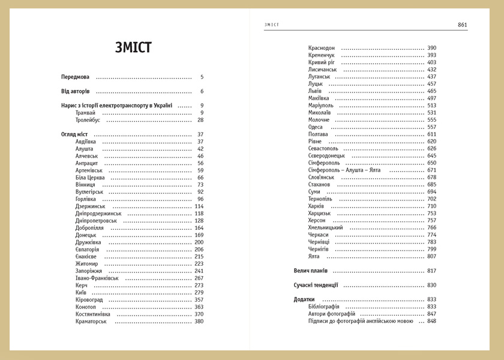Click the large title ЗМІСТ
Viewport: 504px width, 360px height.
[133, 48]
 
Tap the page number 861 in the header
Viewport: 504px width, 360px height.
[462, 25]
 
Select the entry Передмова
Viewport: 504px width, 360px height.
[75, 77]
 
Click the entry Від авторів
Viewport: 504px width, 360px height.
[75, 91]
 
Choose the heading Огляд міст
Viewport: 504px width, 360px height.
[74, 134]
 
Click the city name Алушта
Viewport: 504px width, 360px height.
[85, 149]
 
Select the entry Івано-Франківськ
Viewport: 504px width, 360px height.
[97, 278]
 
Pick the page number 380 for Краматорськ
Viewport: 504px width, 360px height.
[199, 322]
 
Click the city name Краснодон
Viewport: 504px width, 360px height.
[322, 48]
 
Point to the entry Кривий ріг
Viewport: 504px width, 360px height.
[322, 62]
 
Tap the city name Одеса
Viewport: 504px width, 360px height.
[316, 127]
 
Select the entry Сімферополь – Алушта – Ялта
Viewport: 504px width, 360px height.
[344, 170]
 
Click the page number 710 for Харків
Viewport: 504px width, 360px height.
[431, 206]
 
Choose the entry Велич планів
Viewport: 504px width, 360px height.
[310, 271]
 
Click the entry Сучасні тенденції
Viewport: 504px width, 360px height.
[316, 285]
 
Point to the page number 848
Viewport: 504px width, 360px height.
[431, 321]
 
